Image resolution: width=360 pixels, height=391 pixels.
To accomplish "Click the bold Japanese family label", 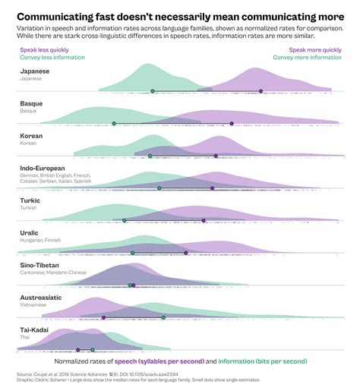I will click(35, 71).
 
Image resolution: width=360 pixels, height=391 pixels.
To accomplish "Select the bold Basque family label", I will click(31, 103).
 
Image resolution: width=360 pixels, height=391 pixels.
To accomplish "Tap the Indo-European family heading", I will click(43, 168).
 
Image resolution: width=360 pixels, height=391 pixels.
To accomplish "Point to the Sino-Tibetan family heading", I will click(40, 265).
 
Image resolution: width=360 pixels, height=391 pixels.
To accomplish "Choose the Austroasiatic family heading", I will click(41, 298).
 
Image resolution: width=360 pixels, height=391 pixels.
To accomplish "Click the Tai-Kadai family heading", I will click(35, 330).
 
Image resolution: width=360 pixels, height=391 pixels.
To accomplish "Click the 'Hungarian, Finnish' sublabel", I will click(41, 240).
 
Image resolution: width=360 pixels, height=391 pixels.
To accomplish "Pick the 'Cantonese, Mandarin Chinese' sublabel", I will click(53, 273).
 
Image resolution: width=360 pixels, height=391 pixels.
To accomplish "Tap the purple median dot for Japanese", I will click(261, 91).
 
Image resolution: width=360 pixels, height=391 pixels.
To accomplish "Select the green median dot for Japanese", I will click(153, 91).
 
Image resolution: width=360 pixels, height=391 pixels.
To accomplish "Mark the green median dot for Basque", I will click(114, 123).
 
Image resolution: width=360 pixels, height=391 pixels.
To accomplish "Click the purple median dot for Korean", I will click(216, 156).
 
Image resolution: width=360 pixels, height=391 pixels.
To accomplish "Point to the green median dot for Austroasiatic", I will click(163, 317).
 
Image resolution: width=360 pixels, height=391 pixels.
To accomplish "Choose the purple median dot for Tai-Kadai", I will click(77, 350).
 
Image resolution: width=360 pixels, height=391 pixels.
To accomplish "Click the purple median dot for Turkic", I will click(204, 220).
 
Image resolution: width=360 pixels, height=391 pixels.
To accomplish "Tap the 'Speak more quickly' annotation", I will click(315, 49).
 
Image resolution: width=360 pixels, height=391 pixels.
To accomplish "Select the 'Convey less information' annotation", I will click(52, 57).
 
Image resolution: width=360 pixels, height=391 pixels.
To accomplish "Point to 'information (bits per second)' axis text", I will click(263, 361).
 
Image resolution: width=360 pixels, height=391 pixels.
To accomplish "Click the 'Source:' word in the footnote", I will click(27, 374).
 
